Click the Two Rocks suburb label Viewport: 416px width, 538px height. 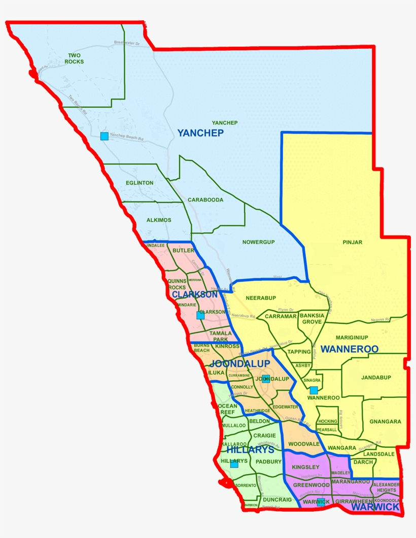pos(74,58)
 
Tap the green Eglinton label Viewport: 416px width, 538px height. pos(140,183)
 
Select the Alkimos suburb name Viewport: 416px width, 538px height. pos(158,220)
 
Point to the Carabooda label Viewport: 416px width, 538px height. pos(205,199)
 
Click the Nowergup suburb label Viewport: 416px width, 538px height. pos(258,242)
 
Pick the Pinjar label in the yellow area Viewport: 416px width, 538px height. pos(353,242)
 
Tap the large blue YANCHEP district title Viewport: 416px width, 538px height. pos(200,133)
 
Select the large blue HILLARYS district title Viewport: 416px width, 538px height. pos(250,450)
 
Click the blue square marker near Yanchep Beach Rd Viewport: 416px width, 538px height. pos(104,136)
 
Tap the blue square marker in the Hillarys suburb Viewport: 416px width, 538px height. pos(234,464)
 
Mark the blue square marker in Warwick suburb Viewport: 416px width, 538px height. pos(321,502)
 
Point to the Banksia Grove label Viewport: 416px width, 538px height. pos(312,318)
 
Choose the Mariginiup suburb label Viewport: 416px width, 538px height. pos(352,338)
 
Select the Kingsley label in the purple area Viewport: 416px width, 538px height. pos(306,467)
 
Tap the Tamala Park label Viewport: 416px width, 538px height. pos(221,337)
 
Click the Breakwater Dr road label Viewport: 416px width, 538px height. pos(127,43)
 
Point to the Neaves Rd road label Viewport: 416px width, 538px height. pos(380,320)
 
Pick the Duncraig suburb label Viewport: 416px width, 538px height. pos(278,500)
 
